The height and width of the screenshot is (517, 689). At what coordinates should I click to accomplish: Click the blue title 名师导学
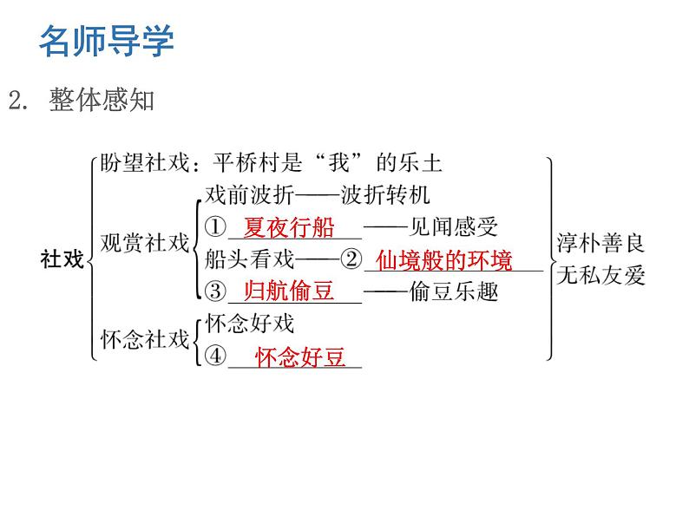pyautogui.click(x=107, y=41)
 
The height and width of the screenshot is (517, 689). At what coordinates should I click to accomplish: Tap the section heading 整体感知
pyautogui.click(x=102, y=101)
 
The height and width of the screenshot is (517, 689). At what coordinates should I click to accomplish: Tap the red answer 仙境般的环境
pyautogui.click(x=444, y=260)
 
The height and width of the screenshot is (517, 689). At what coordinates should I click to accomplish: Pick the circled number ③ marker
pyautogui.click(x=216, y=291)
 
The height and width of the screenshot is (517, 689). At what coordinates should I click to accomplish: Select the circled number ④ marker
pyautogui.click(x=216, y=357)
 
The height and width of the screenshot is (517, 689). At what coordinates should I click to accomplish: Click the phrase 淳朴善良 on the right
pyautogui.click(x=600, y=244)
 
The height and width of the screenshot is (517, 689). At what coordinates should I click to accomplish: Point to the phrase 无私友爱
pyautogui.click(x=600, y=276)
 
